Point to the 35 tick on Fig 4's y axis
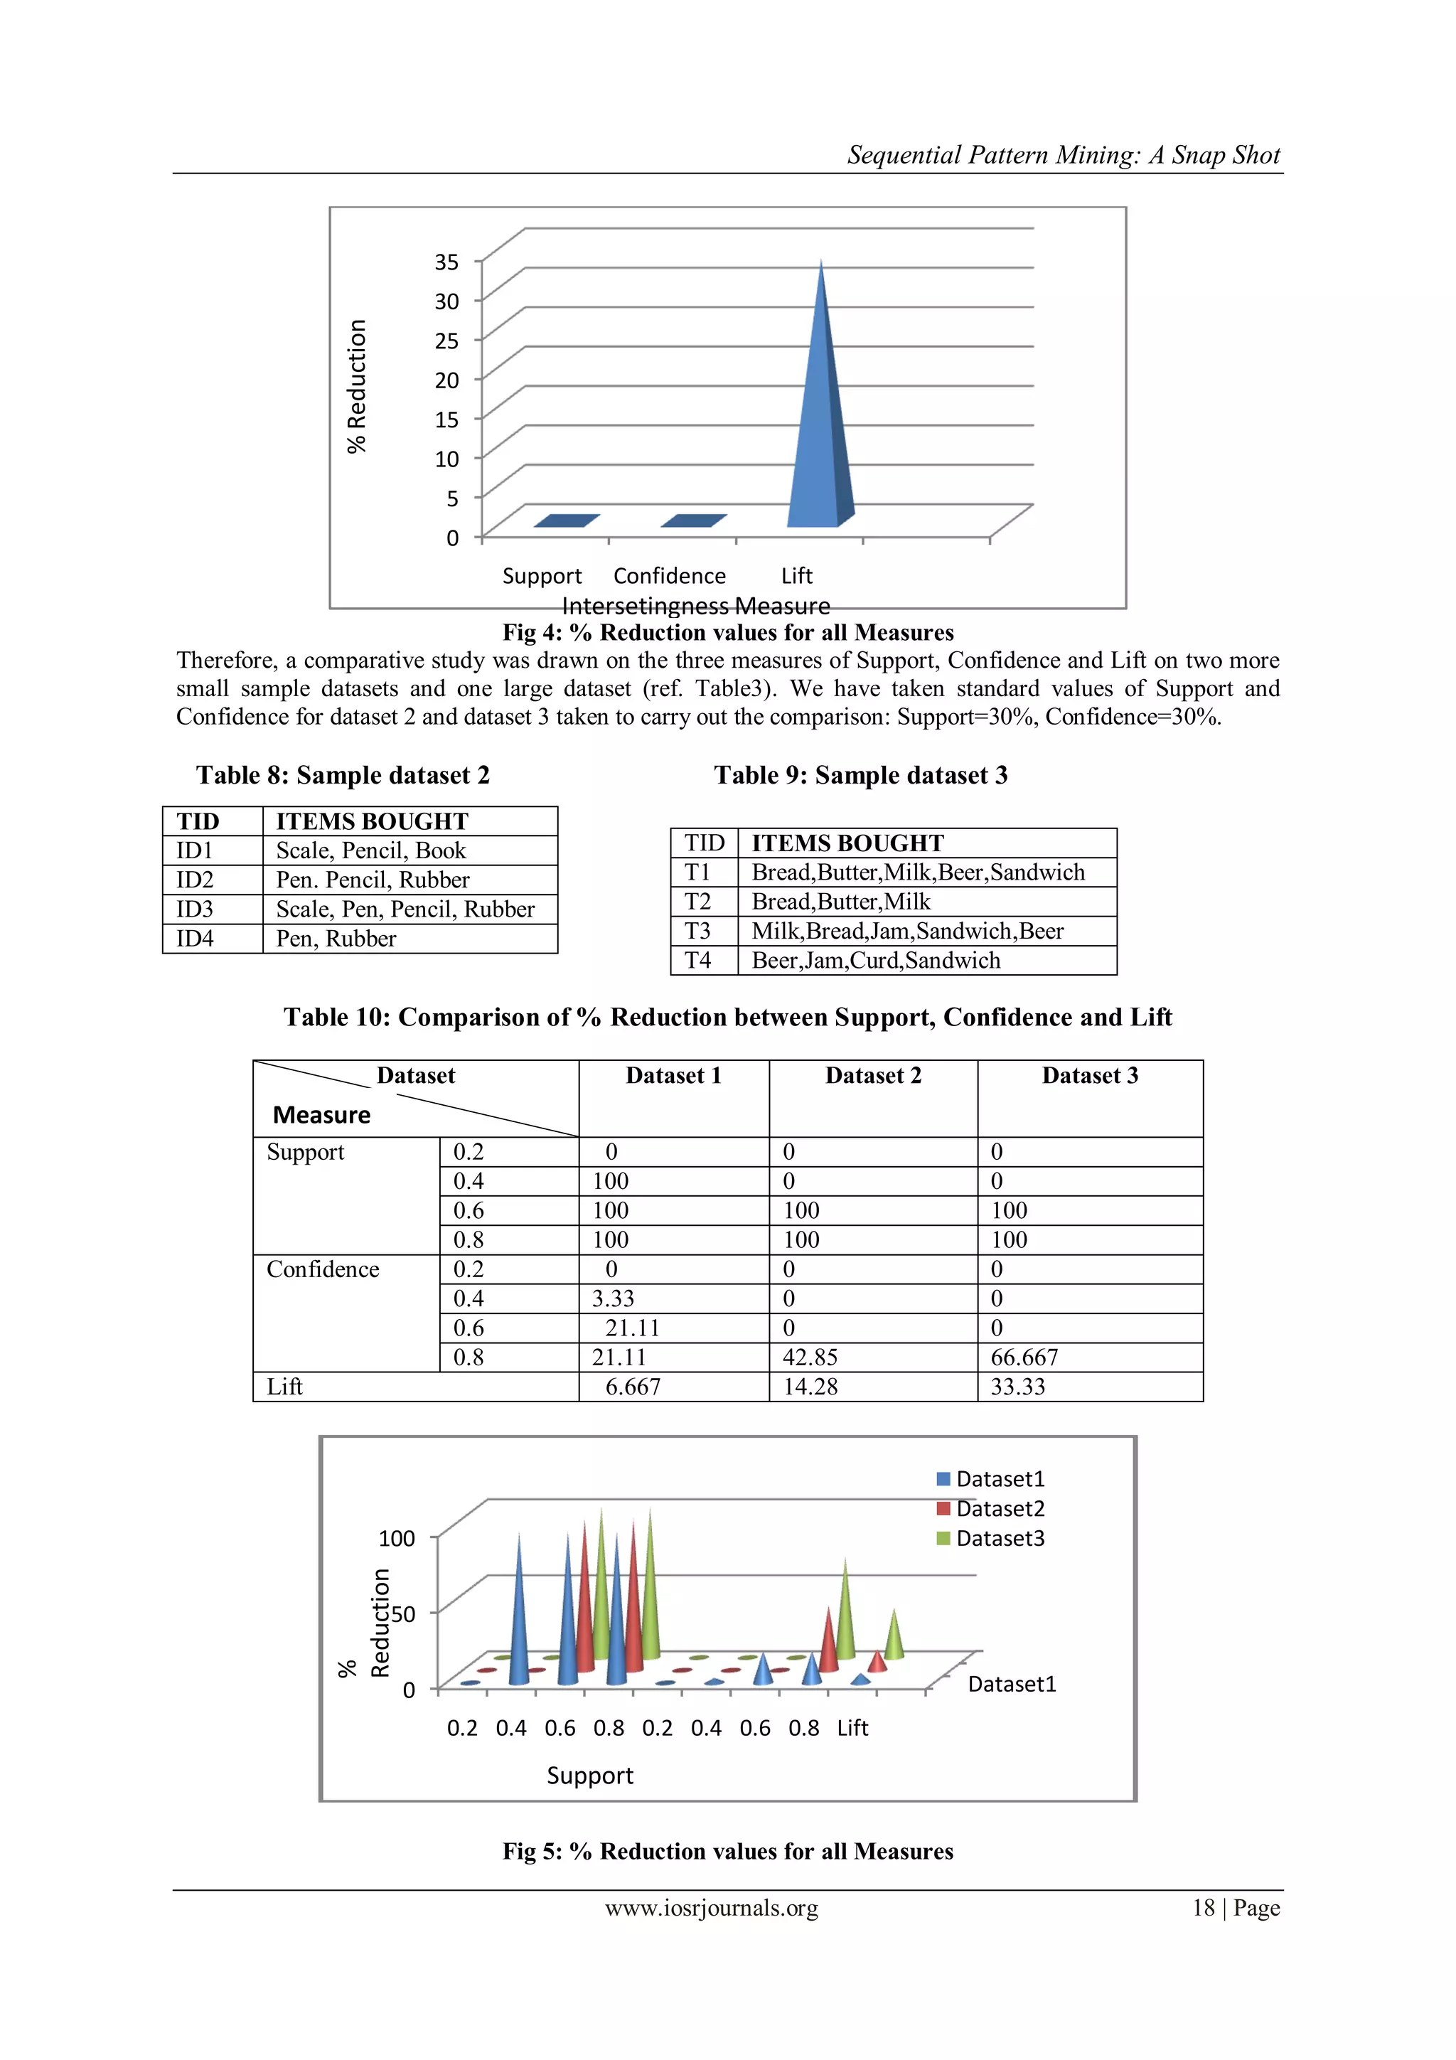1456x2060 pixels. coord(446,262)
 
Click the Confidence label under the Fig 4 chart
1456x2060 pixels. coord(669,575)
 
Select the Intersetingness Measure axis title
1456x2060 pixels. coord(695,606)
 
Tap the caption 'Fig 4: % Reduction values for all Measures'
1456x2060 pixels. coord(727,633)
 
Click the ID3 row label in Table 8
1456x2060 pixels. coord(195,909)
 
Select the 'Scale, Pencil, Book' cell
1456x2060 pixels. coord(370,850)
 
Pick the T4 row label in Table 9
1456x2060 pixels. coord(698,960)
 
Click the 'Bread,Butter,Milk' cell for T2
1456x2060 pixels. coord(840,902)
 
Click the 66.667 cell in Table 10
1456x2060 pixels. coord(1024,1357)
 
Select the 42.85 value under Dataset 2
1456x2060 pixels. coord(809,1357)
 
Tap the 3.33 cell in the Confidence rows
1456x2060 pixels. coord(613,1298)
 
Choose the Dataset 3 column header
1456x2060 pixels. coord(1089,1076)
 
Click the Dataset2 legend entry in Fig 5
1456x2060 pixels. coord(998,1508)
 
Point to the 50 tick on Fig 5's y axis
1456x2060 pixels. coord(403,1614)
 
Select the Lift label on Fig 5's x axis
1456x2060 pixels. coord(852,1727)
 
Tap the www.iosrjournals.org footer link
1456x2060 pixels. coord(712,1908)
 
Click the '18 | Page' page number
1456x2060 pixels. coord(1236,1908)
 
